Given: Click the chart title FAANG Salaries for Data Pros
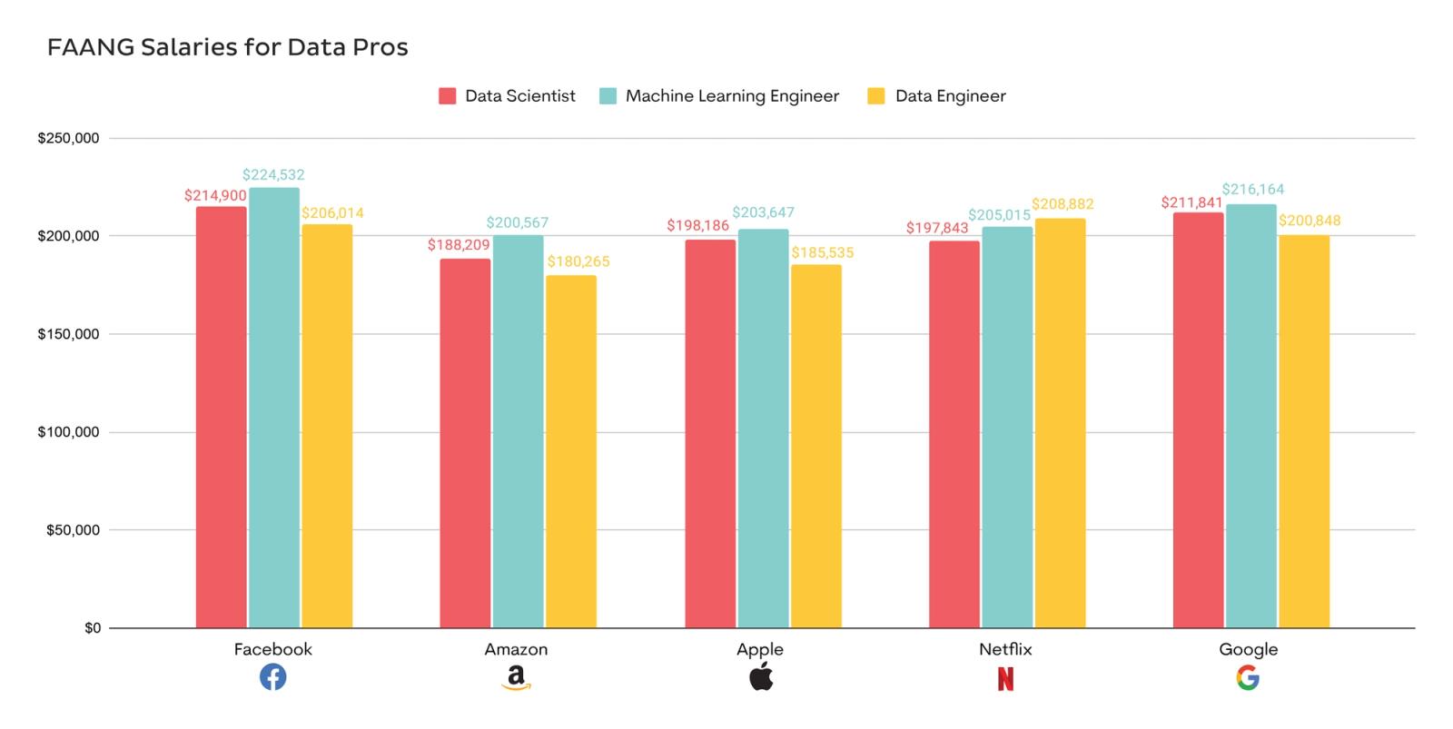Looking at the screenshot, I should pos(227,47).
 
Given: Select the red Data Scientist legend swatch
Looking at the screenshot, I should pos(447,96).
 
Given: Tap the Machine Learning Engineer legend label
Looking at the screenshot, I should pos(732,96).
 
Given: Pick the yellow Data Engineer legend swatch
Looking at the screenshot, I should pos(875,96).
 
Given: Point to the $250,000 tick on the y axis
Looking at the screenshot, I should pos(68,139).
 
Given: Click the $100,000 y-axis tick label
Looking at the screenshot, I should pos(68,432).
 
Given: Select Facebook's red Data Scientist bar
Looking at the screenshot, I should pos(221,418).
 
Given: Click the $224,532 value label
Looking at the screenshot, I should pos(273,174).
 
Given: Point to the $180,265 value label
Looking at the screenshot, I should pos(578,261).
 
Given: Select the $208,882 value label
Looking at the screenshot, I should pos(1063,204).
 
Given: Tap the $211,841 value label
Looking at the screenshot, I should pos(1191,202).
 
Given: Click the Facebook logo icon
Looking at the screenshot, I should pos(272,677).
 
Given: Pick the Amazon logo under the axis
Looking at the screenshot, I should pos(516,677).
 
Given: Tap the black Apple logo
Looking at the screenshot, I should pos(761,676).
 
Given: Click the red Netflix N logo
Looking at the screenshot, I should pos(1005,678).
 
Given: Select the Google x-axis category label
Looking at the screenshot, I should pos(1248,649).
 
